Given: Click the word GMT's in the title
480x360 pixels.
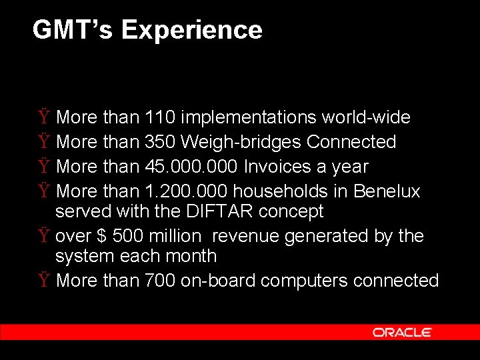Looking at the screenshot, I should click(x=73, y=30).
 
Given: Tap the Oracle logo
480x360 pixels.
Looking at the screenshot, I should click(x=402, y=332).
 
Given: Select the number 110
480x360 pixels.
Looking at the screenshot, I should click(x=160, y=117).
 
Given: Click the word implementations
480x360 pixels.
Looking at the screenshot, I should click(x=249, y=118).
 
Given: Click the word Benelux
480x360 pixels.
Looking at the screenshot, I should click(x=387, y=191).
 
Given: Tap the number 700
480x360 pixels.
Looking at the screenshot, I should click(x=160, y=281).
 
